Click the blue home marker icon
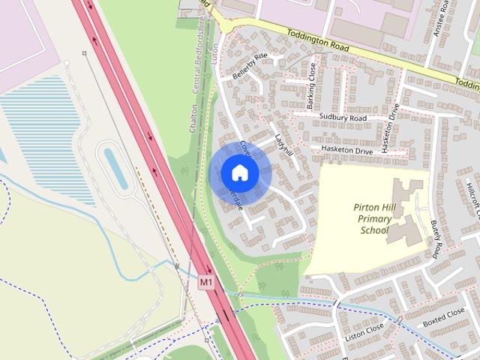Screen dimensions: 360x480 point(239,172)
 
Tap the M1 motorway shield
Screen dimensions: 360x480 point(207,282)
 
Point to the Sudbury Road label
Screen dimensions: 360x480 point(342,118)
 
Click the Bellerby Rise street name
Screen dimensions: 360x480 point(250,62)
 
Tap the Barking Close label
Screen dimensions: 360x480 point(311,88)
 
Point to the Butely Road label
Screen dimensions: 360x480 point(435,238)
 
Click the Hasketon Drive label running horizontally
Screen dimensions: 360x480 point(346,151)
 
